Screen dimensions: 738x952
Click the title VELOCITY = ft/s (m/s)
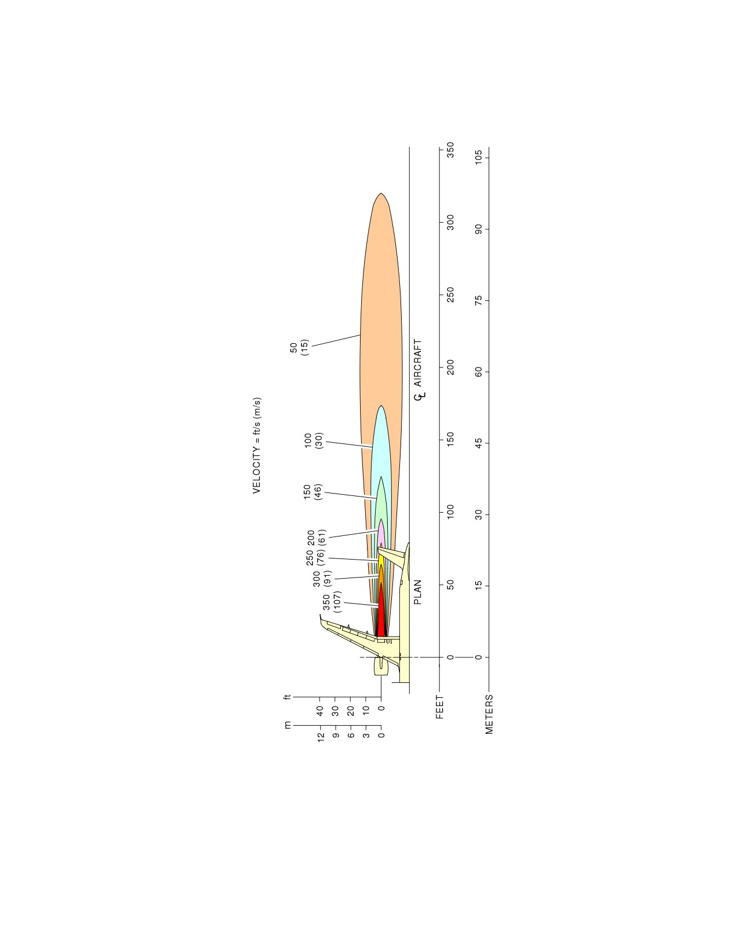click(x=256, y=446)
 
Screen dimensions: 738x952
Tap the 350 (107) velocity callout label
click(x=332, y=602)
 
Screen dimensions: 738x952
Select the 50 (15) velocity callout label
click(x=299, y=347)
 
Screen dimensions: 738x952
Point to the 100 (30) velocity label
click(x=314, y=441)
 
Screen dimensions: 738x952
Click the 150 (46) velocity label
click(x=313, y=492)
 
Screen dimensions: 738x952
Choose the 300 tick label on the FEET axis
click(x=450, y=223)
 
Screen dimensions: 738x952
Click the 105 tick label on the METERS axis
click(x=478, y=157)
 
